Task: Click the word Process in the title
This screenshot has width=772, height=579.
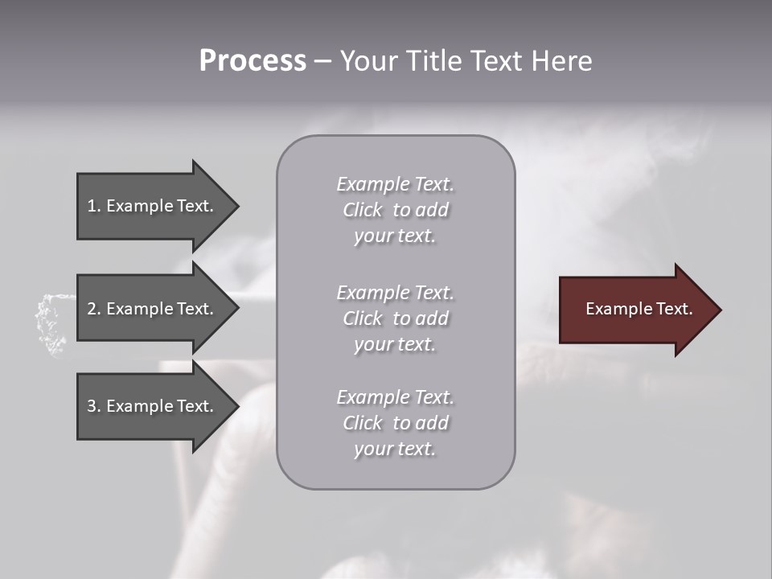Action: point(253,61)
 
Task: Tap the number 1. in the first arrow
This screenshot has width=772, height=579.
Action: point(94,206)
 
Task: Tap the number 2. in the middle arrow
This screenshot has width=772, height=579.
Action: point(94,309)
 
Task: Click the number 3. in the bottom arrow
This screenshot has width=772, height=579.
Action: point(94,406)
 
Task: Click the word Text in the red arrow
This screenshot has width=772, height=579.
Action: point(674,309)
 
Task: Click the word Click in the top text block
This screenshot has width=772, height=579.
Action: point(363,210)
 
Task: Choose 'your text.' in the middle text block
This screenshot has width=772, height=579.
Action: point(395,344)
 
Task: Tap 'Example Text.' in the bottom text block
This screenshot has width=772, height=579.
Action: point(395,397)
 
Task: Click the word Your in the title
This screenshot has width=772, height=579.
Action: point(369,61)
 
